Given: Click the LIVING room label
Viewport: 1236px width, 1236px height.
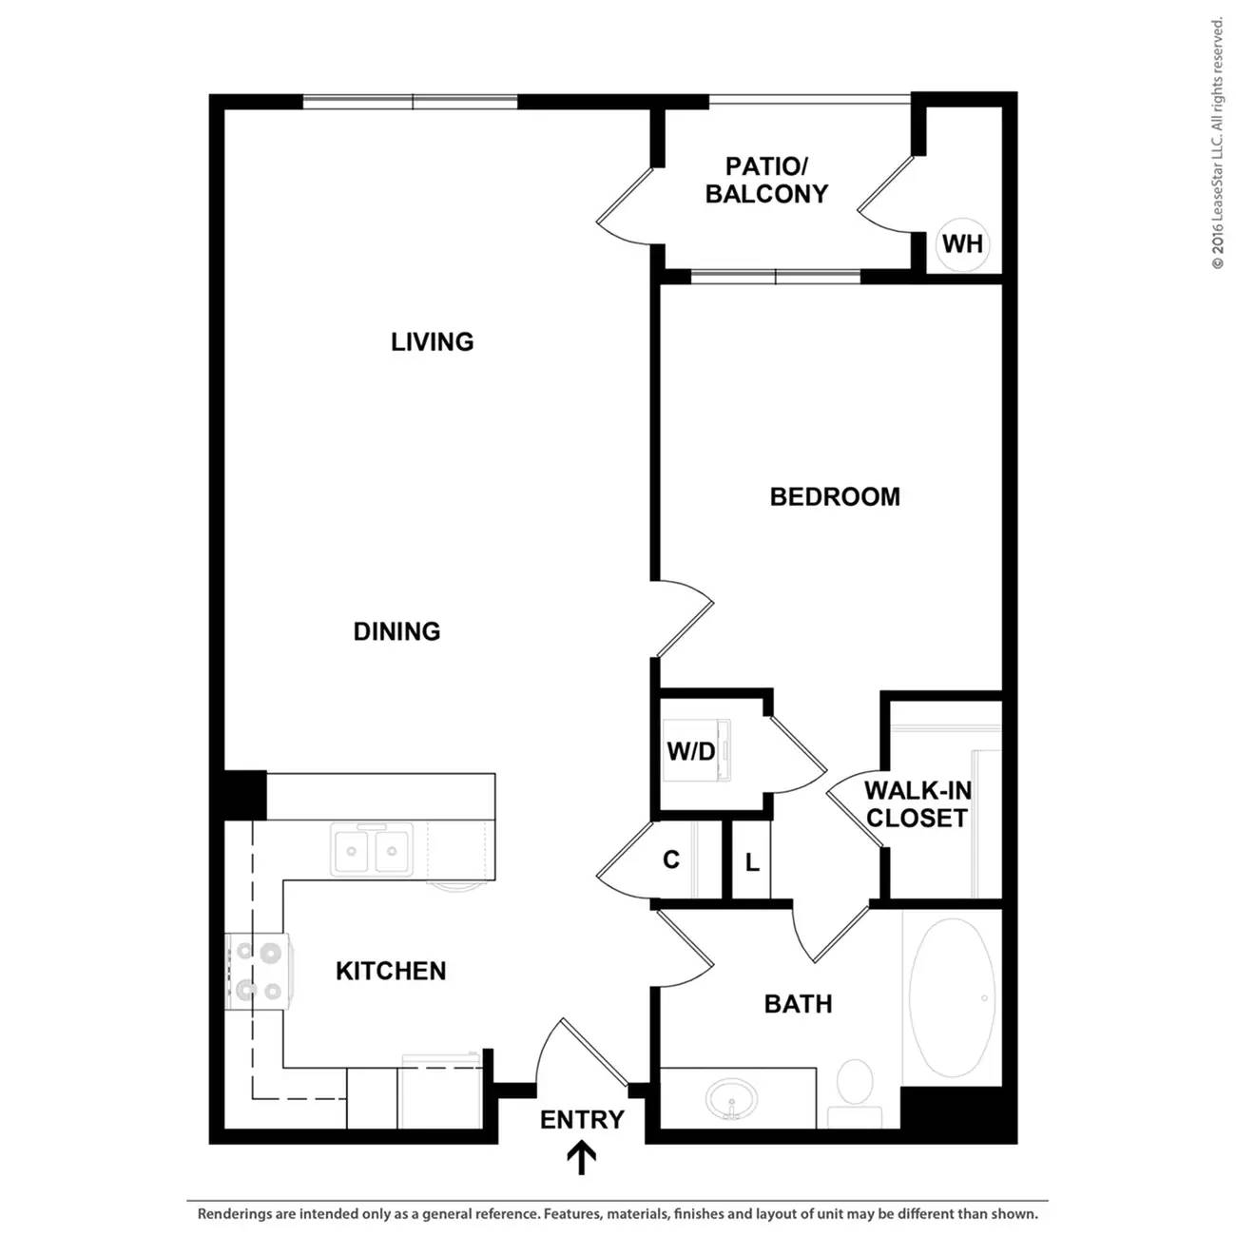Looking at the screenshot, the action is [432, 342].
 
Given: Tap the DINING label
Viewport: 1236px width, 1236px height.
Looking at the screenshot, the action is [396, 632].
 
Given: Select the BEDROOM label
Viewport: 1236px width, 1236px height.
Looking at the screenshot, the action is [835, 497].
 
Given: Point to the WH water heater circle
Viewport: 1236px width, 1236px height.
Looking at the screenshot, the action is [962, 243].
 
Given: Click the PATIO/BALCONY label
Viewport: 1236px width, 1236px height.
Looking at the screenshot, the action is [766, 181].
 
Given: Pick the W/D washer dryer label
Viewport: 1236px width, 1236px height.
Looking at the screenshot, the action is [691, 751].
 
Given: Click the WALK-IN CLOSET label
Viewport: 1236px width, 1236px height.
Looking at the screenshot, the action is [917, 804].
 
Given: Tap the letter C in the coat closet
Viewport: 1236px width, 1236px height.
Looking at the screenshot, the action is [671, 859].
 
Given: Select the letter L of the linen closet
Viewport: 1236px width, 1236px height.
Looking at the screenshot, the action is [752, 862].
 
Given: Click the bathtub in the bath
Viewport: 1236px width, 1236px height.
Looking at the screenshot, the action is [953, 997].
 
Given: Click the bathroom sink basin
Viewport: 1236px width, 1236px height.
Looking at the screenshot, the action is [731, 1099].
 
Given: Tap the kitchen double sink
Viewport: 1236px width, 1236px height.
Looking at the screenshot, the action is [372, 850].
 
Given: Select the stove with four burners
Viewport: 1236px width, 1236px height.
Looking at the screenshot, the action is [260, 973].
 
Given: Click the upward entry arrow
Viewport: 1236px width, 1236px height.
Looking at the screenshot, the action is [581, 1159].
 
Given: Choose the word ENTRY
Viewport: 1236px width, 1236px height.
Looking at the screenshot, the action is [582, 1120].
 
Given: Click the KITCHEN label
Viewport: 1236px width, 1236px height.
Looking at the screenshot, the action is [391, 972].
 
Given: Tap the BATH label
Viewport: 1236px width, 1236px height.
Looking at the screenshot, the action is [798, 1004].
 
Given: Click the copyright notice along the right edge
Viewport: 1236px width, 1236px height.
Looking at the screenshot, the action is [1217, 144].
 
